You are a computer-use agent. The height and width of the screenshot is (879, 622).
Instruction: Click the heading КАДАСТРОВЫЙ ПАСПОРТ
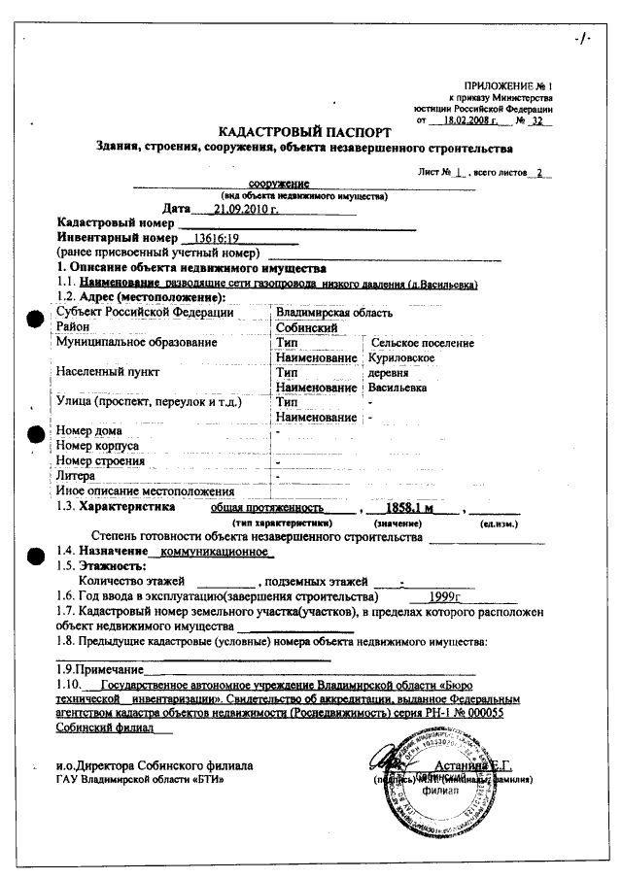click(305, 131)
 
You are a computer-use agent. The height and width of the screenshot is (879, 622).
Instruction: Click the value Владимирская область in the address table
click(333, 313)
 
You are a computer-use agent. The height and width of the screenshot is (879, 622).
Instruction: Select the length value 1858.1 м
click(409, 507)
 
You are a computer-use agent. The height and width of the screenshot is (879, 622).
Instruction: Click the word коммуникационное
click(215, 551)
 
